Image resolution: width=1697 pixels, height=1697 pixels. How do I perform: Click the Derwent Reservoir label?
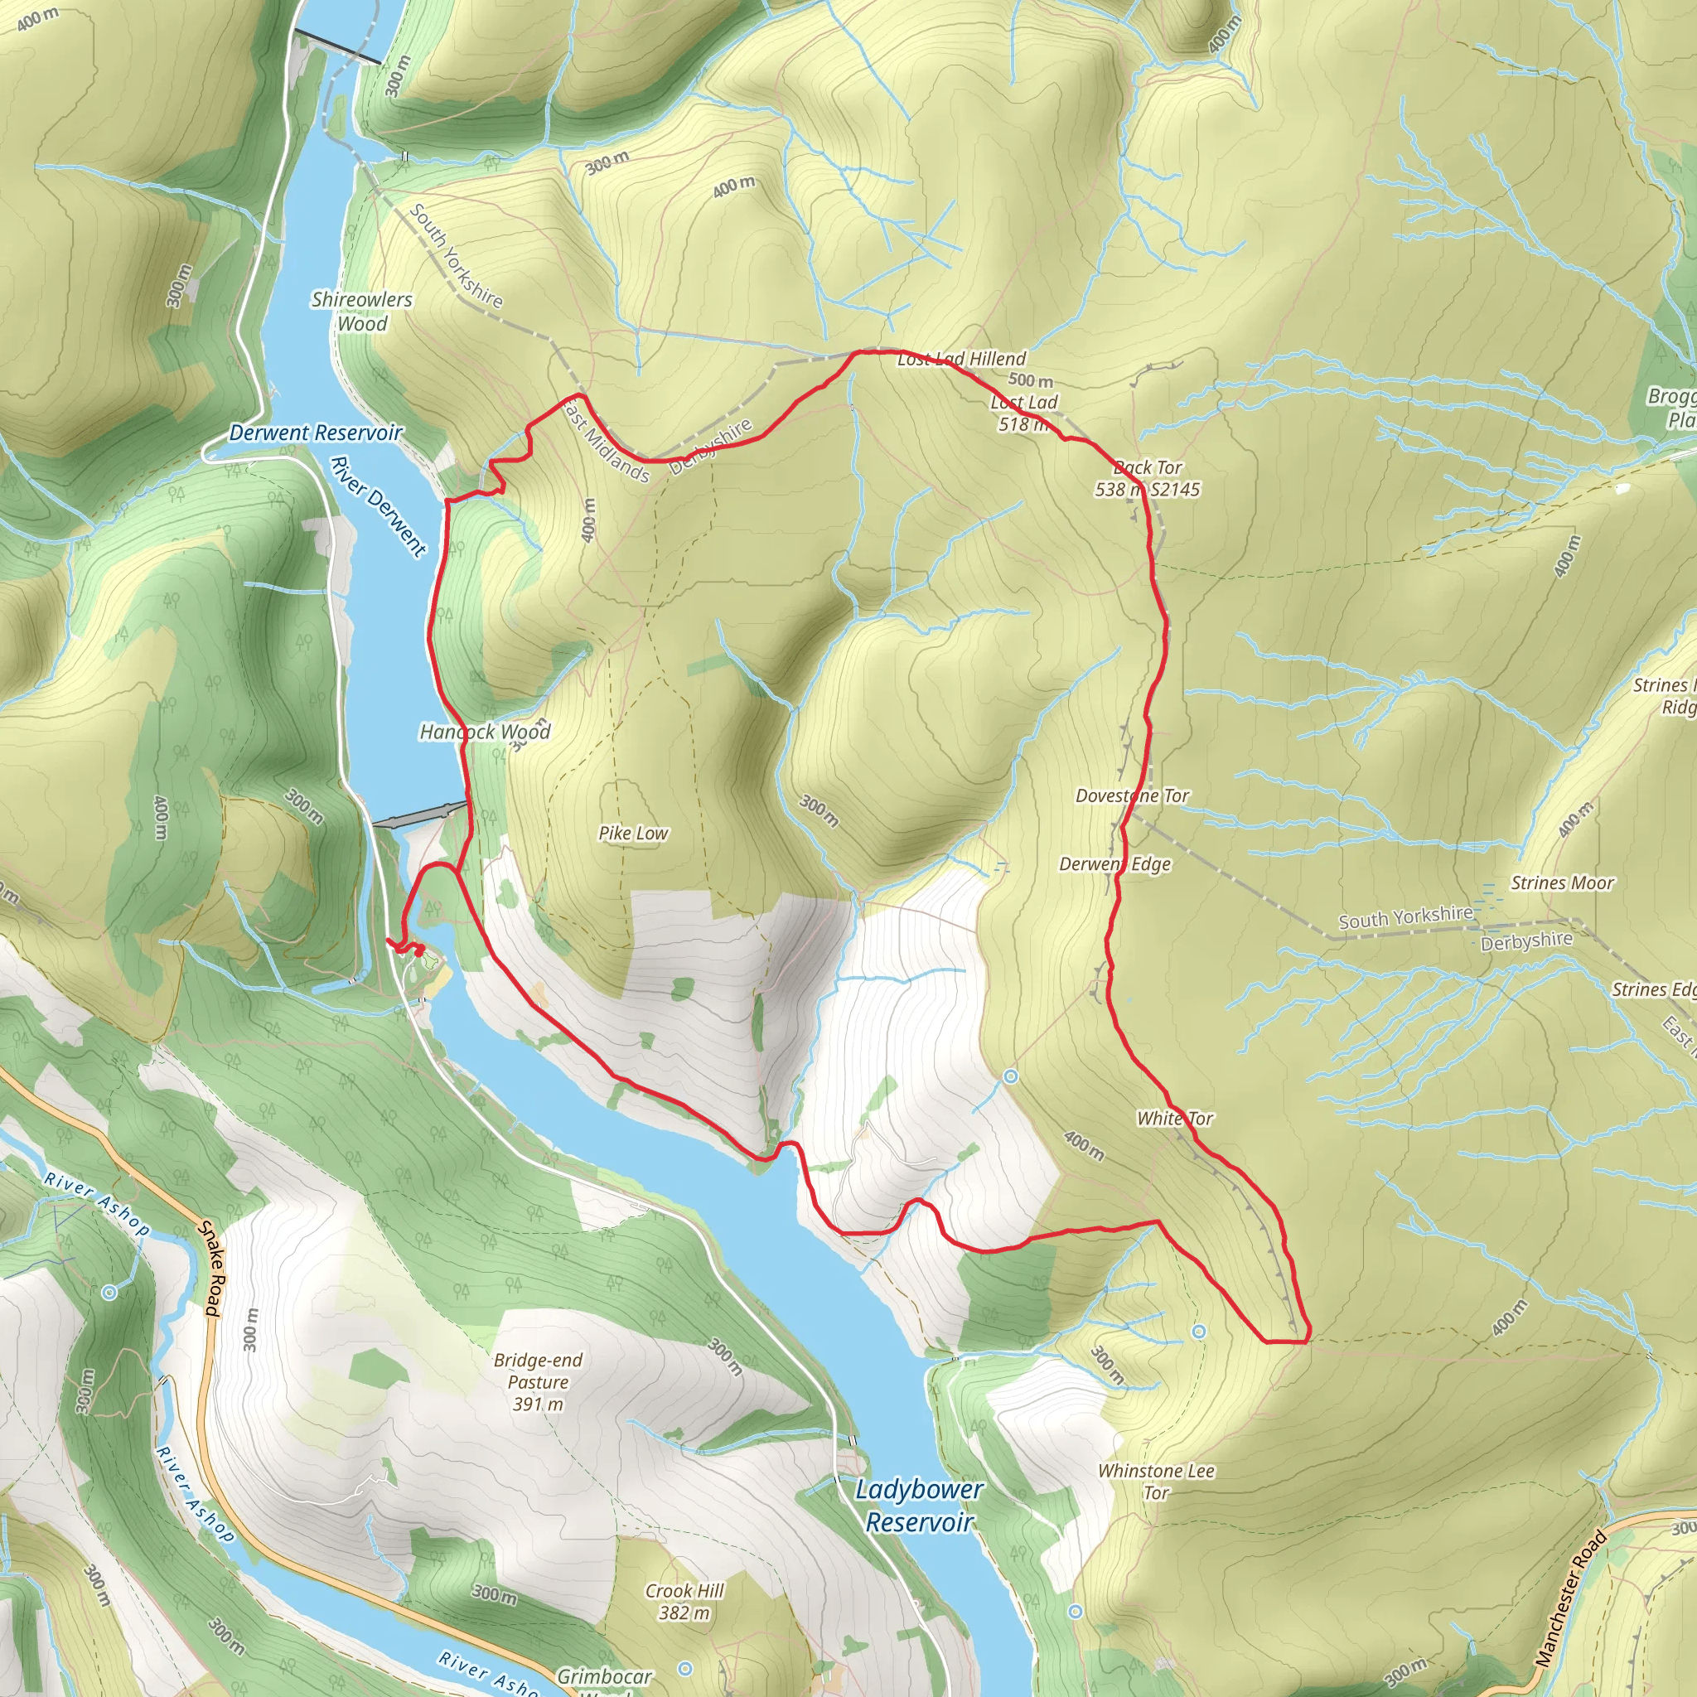[316, 433]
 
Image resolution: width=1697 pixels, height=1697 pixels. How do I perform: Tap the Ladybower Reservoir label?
[919, 1506]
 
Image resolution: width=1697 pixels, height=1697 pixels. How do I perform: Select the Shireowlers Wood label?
[362, 311]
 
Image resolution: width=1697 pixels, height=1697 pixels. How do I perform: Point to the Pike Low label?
[633, 833]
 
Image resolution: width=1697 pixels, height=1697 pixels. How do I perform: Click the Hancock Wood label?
[485, 732]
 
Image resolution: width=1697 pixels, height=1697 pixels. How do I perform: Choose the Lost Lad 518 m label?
[1024, 413]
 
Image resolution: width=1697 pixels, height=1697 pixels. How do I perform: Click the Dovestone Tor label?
[1132, 795]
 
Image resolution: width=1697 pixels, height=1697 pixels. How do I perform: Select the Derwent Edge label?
[1114, 864]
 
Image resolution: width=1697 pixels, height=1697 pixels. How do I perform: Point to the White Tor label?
[1174, 1118]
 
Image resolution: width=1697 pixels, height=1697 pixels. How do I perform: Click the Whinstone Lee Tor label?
[1156, 1481]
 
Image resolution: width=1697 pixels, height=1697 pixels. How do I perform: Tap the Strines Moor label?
[1562, 882]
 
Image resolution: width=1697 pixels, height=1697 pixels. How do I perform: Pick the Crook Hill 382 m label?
[684, 1601]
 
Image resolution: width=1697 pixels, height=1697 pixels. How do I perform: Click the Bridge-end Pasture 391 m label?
[538, 1381]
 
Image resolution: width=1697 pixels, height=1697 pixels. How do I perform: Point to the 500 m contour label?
[1030, 380]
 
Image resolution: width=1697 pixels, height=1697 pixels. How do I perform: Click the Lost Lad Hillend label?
[962, 358]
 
